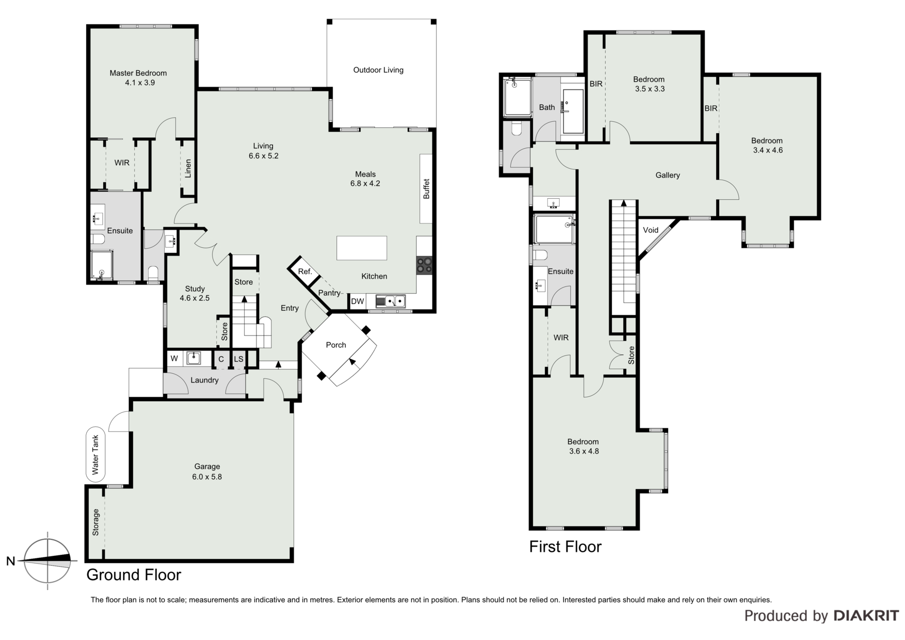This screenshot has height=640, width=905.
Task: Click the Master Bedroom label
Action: pyautogui.click(x=138, y=73)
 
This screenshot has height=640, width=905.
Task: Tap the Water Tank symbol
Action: pyautogui.click(x=95, y=454)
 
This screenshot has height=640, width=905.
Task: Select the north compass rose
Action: pyautogui.click(x=47, y=561)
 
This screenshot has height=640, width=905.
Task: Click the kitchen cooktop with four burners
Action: pyautogui.click(x=425, y=265)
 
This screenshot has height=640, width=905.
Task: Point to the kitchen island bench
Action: pyautogui.click(x=362, y=248)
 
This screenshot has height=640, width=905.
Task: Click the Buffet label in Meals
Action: pyautogui.click(x=426, y=189)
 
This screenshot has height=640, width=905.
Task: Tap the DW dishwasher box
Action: pyautogui.click(x=358, y=301)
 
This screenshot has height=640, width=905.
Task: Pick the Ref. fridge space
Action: pyautogui.click(x=305, y=272)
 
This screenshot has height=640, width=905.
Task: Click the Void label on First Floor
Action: pyautogui.click(x=651, y=230)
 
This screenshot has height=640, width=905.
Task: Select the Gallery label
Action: pyautogui.click(x=668, y=175)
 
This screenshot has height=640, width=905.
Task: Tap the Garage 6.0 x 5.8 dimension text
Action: pyautogui.click(x=207, y=477)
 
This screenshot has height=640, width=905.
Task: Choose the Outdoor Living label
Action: pyautogui.click(x=378, y=70)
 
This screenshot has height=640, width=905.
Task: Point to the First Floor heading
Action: pyautogui.click(x=565, y=547)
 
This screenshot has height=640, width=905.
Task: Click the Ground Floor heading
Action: pyautogui.click(x=134, y=575)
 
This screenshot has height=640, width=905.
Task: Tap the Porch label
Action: pyautogui.click(x=336, y=345)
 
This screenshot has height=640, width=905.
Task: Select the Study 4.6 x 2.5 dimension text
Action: pyautogui.click(x=195, y=298)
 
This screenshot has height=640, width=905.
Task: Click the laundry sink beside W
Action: pyautogui.click(x=193, y=358)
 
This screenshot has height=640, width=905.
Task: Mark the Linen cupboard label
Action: pyautogui.click(x=188, y=168)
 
